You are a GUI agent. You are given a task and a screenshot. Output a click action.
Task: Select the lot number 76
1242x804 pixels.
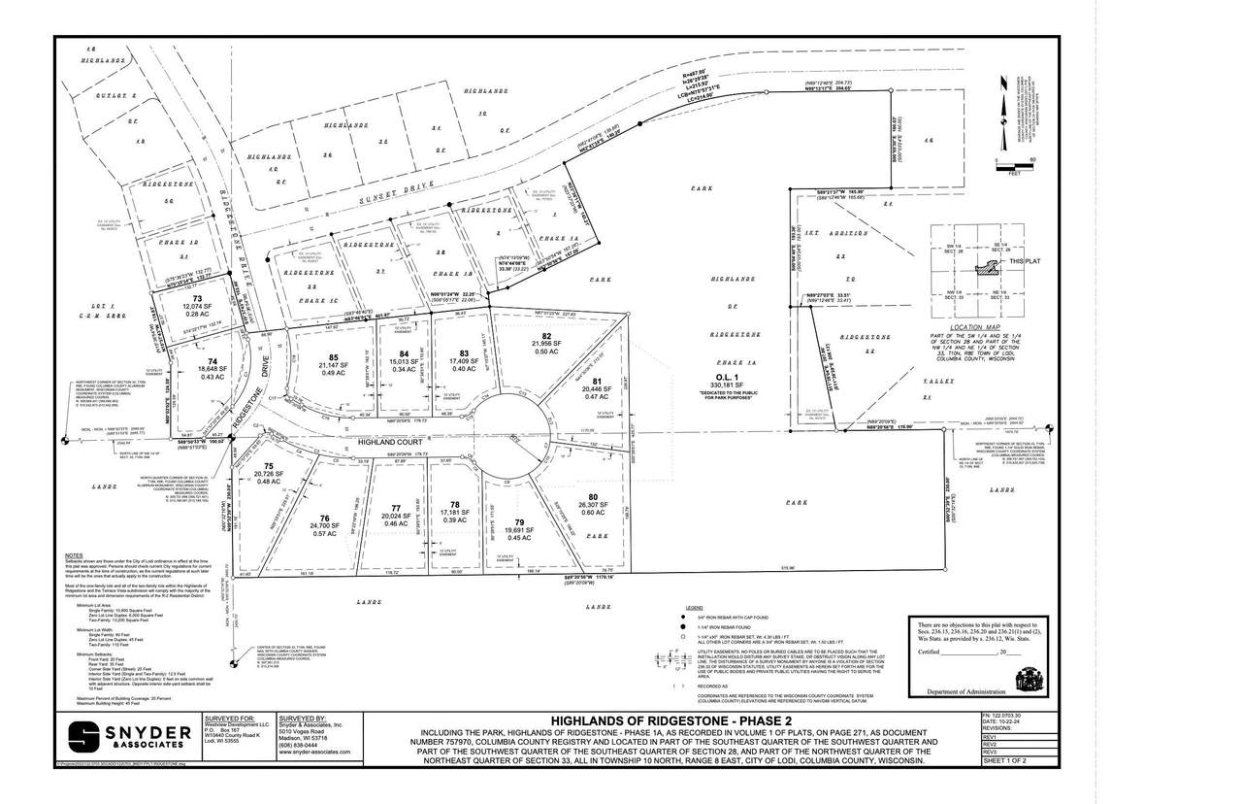click(326, 519)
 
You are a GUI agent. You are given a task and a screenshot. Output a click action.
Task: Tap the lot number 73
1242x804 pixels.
click(197, 299)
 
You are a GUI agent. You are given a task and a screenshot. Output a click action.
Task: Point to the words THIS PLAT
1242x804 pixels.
click(1025, 262)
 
